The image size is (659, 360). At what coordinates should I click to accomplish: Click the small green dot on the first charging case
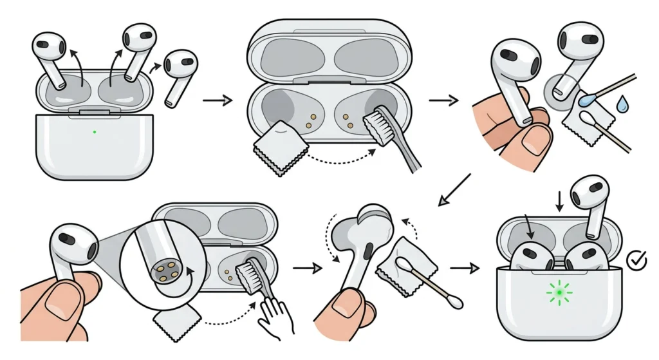[95, 131]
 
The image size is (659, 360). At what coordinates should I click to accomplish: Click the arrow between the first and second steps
[216, 100]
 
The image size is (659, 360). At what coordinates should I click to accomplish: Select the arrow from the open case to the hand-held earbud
[443, 100]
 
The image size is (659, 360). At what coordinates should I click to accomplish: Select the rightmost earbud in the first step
[178, 72]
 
